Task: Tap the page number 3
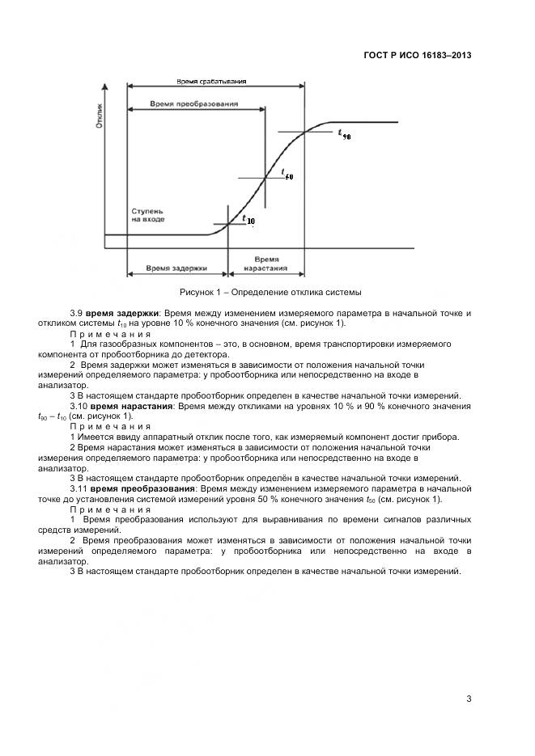[469, 699]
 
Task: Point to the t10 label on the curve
[247, 219]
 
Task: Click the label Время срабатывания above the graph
[211, 82]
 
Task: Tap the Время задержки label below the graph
[176, 267]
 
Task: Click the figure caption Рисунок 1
[270, 292]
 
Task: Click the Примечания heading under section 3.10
[110, 426]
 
